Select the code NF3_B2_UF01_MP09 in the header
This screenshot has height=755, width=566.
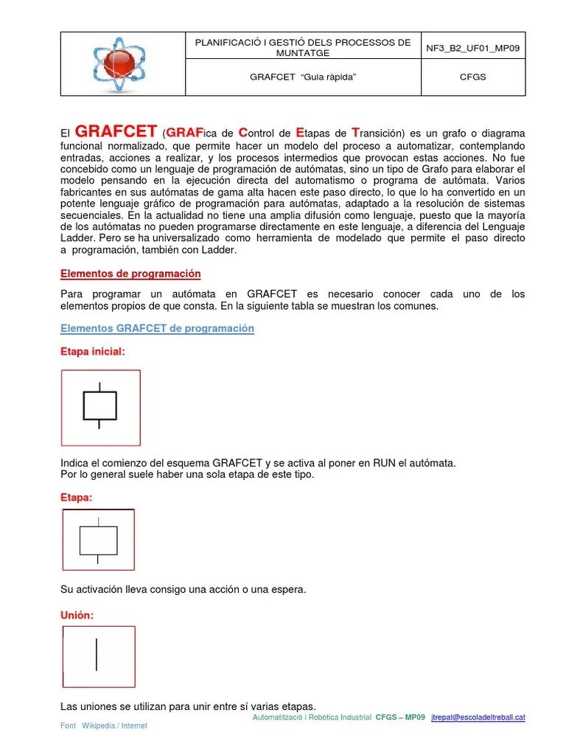[x=473, y=48]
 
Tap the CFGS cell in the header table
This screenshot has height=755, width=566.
[x=473, y=77]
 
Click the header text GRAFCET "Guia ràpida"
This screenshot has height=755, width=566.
[x=303, y=77]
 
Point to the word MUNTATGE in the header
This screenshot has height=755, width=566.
[x=303, y=53]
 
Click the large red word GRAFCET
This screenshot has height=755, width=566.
[x=116, y=133]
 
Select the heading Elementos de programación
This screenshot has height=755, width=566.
[x=130, y=274]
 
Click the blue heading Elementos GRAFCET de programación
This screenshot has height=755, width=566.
[x=157, y=329]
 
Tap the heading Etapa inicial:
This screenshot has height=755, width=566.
[x=92, y=352]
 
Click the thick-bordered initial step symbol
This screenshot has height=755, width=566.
[x=99, y=406]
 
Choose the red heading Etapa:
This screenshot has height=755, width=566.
[x=76, y=498]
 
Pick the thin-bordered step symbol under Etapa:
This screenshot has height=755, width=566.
[x=98, y=540]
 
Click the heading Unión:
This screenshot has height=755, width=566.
[x=77, y=615]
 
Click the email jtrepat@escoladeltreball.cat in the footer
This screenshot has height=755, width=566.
[x=478, y=717]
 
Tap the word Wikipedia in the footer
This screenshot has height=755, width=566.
[x=99, y=726]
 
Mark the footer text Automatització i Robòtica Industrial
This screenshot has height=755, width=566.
[x=312, y=717]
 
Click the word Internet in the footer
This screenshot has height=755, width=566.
[x=134, y=726]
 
